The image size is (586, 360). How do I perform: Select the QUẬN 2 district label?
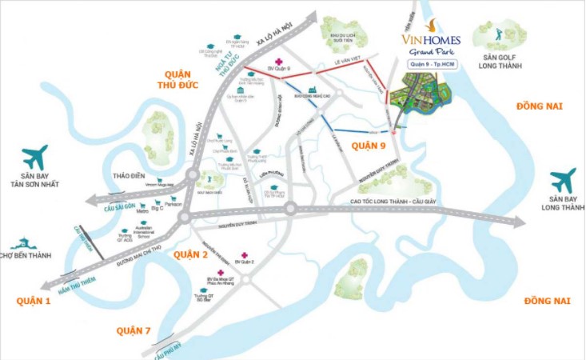pos(190,254)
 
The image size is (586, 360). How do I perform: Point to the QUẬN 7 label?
pos(134,330)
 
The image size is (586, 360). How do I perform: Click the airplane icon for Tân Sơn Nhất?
pos(34,157)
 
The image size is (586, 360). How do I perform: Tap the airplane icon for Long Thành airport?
pos(563,179)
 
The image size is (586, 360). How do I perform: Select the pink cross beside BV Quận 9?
pos(277,62)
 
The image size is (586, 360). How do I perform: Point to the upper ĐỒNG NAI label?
pos(540,105)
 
